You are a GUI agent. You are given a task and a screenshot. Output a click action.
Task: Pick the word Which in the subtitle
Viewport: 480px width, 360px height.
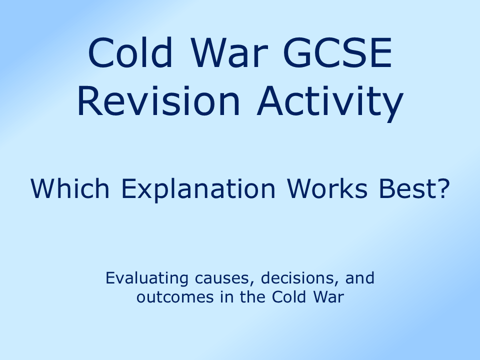click(x=62, y=189)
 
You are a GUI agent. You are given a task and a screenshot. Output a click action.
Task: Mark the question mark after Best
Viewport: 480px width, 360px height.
click(x=438, y=189)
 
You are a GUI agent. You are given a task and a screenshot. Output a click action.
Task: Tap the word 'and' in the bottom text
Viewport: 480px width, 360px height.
click(x=359, y=278)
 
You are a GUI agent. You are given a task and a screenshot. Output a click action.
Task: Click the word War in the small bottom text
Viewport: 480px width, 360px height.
click(x=327, y=297)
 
